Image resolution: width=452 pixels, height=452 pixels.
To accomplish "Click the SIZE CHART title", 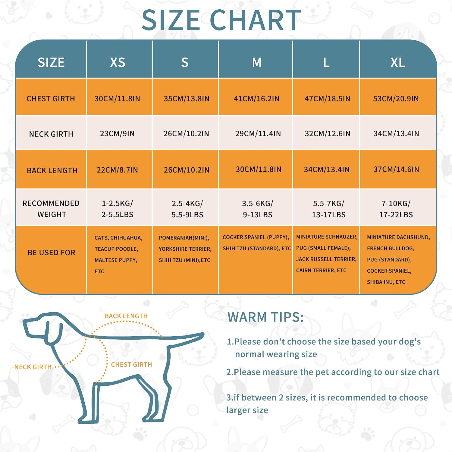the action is point(221,20).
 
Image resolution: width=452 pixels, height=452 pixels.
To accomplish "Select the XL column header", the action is point(398,62).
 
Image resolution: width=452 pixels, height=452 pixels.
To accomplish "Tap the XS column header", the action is point(118,62).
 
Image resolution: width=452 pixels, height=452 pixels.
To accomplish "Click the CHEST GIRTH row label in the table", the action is point(51,99).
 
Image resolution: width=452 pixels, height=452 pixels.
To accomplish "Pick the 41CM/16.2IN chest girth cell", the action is point(257,99).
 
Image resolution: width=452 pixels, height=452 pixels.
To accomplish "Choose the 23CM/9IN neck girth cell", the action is point(117,133).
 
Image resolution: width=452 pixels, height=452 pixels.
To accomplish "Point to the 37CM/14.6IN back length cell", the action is point(396,169).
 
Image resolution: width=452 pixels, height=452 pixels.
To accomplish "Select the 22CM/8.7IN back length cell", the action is point(117,170).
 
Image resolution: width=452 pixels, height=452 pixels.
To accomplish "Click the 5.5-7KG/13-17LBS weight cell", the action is point(328,209).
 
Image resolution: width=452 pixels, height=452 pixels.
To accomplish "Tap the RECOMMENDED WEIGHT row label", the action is point(51,209).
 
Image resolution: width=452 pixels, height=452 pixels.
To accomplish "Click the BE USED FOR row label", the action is point(51,253).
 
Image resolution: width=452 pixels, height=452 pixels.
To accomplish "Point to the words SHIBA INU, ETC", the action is point(386,282).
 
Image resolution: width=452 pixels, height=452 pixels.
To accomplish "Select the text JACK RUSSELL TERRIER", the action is point(326,259).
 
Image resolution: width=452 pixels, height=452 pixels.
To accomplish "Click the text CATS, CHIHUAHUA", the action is point(118,238).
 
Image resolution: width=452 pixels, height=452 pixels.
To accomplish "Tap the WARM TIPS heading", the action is point(265,317).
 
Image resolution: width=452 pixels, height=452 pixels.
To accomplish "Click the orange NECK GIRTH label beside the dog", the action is point(33,367).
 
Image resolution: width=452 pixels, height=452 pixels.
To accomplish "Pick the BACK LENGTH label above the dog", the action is point(126,316).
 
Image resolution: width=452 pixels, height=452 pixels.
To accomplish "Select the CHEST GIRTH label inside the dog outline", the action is point(131,365).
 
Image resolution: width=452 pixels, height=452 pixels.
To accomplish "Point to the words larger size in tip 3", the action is point(247,410).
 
